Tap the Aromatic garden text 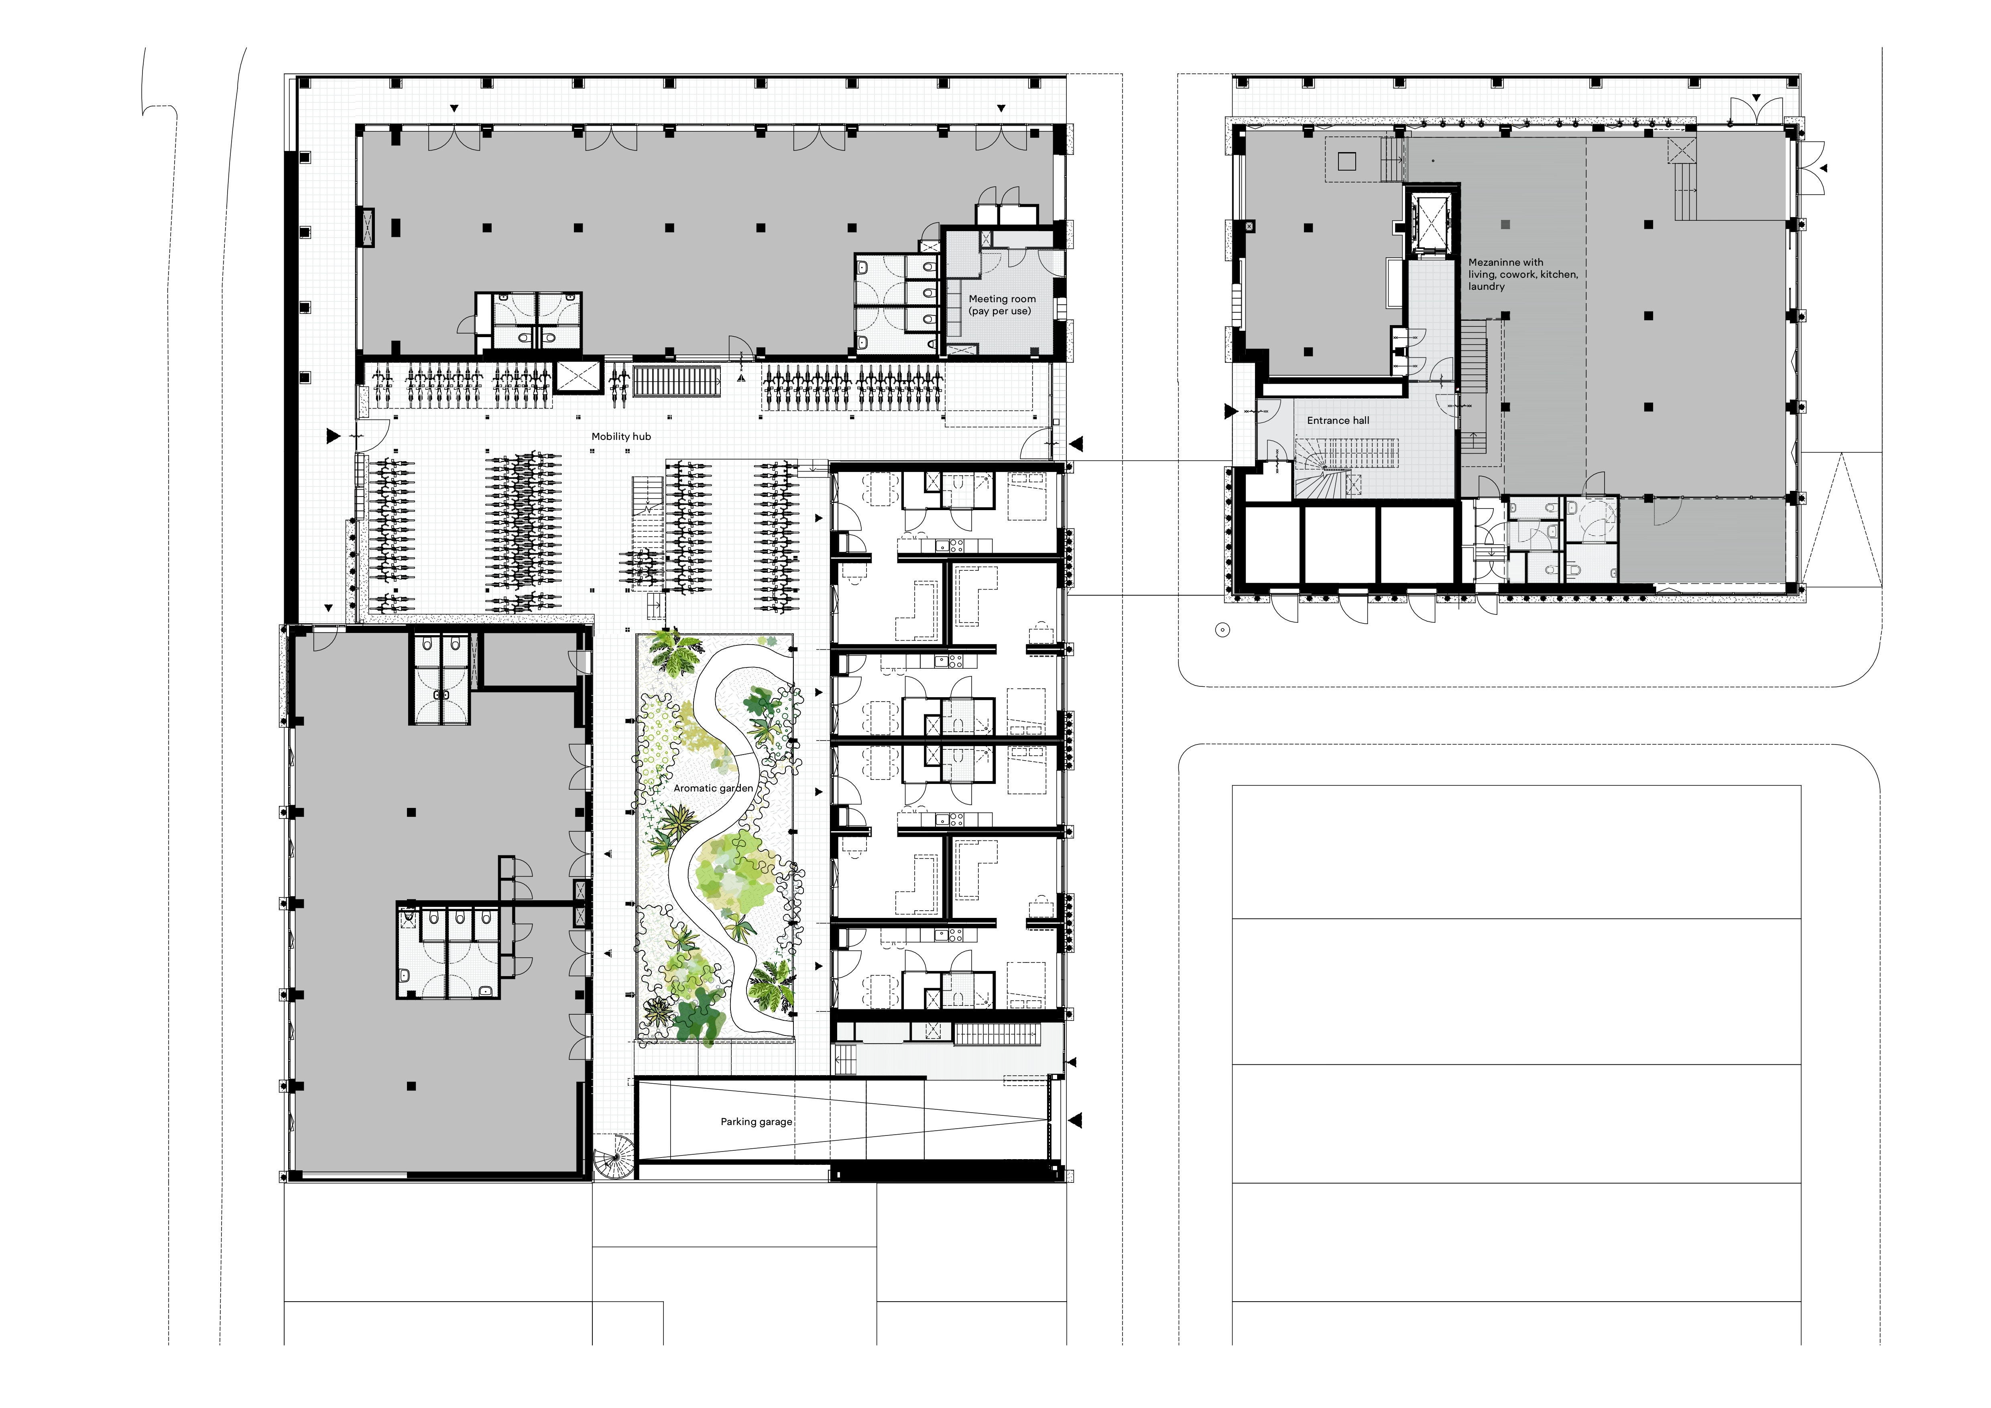pyautogui.click(x=713, y=788)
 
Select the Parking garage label pyautogui.click(x=756, y=1121)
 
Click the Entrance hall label pyautogui.click(x=1338, y=421)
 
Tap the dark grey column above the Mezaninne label pyautogui.click(x=1505, y=224)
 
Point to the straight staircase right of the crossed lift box pyautogui.click(x=676, y=380)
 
